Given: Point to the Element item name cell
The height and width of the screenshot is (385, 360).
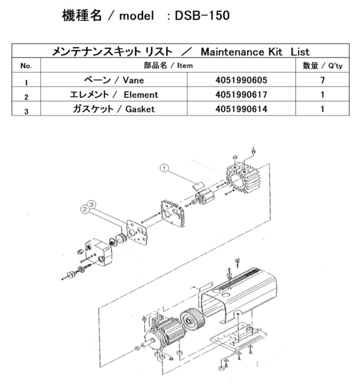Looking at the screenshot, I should click(x=113, y=95).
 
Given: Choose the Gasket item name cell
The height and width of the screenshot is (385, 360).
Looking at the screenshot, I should click(x=114, y=109).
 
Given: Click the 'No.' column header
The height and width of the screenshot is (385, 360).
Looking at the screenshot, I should click(x=26, y=65).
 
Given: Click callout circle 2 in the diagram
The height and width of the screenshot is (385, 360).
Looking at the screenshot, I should click(x=84, y=208).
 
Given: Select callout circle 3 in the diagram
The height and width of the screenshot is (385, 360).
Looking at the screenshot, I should click(x=92, y=204).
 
